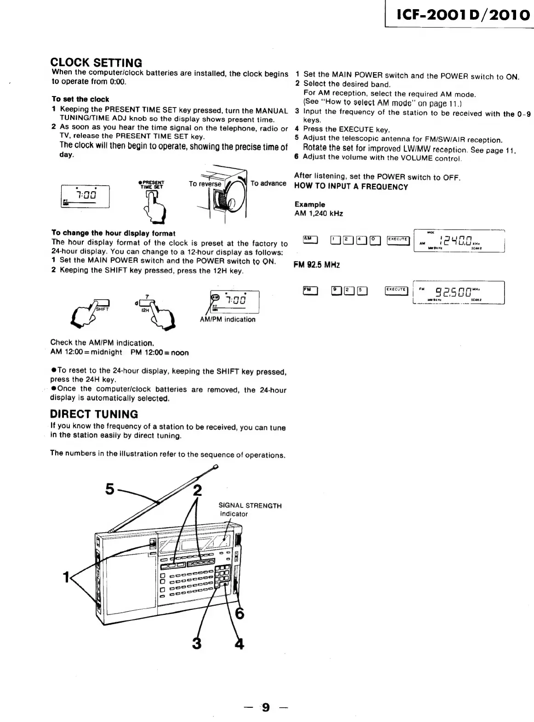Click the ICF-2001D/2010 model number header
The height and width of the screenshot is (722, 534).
pos(463,15)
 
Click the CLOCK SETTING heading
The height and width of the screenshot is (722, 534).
pos(96,63)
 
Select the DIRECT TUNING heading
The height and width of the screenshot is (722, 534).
pos(94,414)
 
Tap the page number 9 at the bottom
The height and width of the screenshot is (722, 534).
pos(266,707)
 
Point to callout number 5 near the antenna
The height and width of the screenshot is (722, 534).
pos(109,489)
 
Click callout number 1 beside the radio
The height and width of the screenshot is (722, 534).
pos(66,577)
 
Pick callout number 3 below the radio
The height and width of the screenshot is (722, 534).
pos(197,643)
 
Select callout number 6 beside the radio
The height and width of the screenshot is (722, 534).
pos(239,614)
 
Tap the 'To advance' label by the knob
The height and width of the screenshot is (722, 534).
pos(268,183)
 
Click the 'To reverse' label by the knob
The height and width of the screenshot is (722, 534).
pos(205,184)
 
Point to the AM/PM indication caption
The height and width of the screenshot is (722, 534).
pos(227,319)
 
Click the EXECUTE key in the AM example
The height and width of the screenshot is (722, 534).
pos(398,239)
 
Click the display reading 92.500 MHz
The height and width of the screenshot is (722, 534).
pos(458,292)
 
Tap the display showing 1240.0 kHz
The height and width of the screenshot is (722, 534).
pos(459,240)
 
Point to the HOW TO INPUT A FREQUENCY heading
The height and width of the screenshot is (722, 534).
pos(351,187)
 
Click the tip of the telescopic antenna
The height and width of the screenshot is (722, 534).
pos(216,467)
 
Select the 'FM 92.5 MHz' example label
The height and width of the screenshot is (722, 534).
pos(317,265)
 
